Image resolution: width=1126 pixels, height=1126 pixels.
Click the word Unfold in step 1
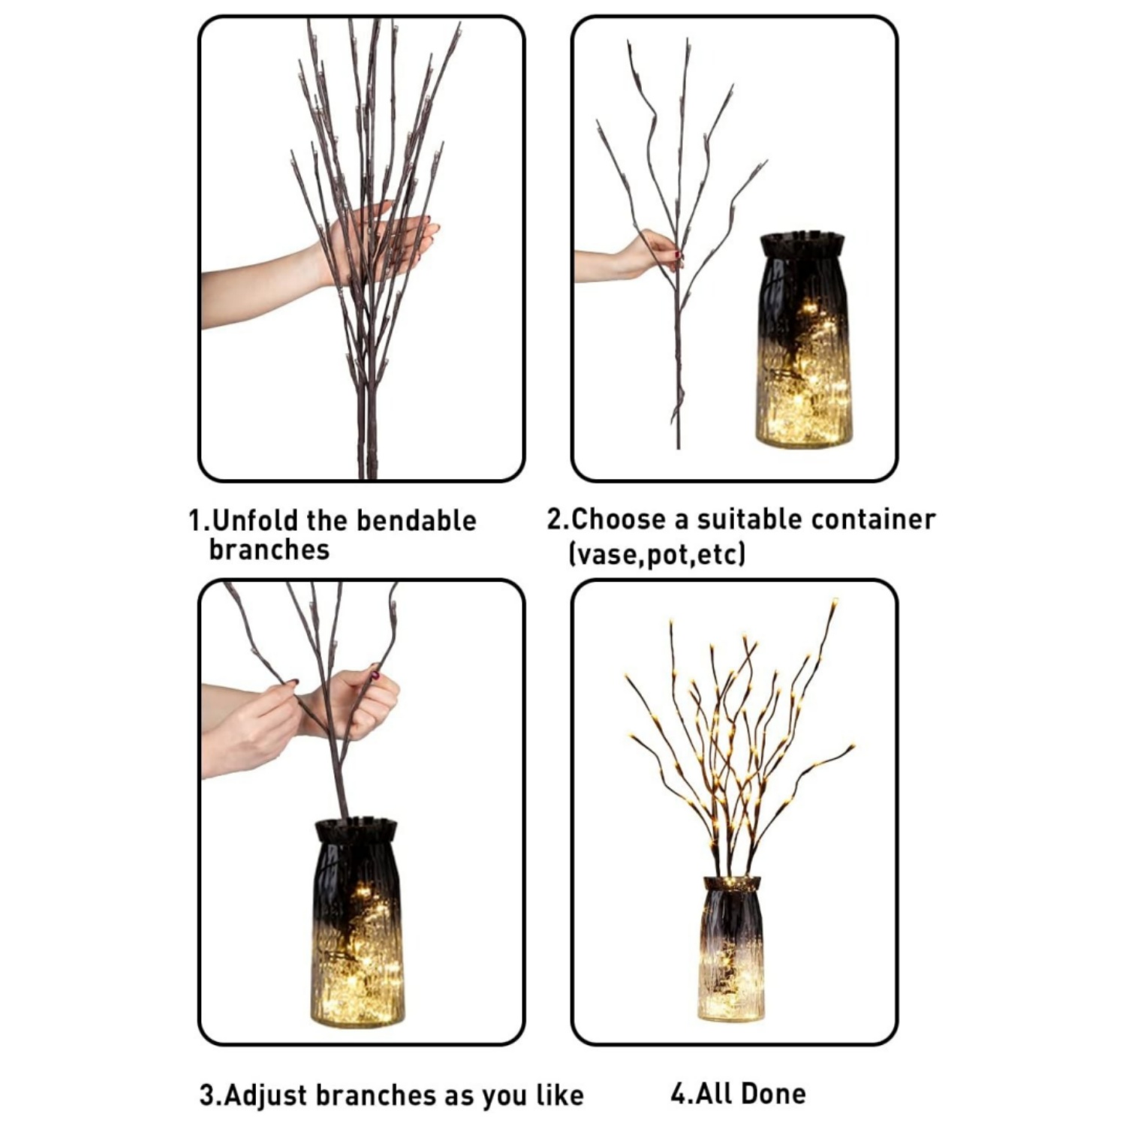(x=252, y=520)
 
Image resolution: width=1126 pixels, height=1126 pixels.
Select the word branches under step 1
(x=269, y=549)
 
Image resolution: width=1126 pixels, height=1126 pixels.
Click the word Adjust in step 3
(x=266, y=1094)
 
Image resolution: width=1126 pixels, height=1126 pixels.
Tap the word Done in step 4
(x=773, y=1093)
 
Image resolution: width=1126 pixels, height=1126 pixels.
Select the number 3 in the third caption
(x=208, y=1094)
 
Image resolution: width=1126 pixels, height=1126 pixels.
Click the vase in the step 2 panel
(x=802, y=345)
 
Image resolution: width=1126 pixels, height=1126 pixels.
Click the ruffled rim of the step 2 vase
(x=802, y=244)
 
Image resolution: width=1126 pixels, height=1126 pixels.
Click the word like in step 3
(x=559, y=1094)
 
